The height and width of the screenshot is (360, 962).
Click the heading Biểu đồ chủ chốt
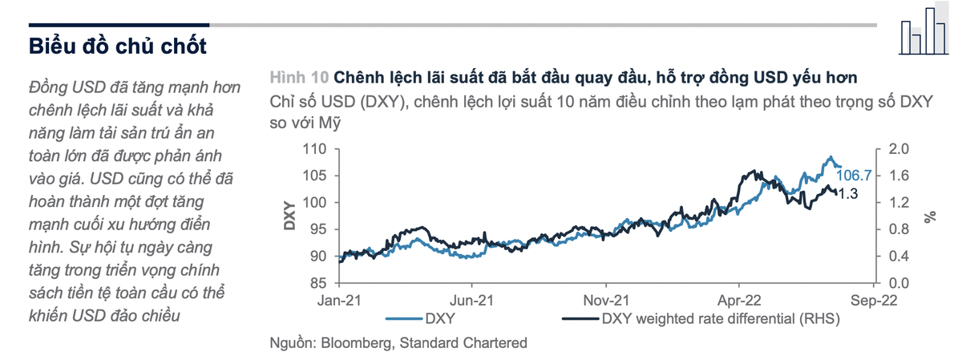[x=118, y=46]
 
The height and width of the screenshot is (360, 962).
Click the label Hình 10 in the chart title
[x=299, y=78]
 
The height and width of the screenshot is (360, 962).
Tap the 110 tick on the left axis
[x=320, y=149]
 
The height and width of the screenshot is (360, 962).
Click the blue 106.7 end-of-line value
[x=853, y=175]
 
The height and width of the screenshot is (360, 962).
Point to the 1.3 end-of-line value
[x=848, y=193]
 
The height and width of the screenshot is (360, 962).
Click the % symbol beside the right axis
[x=929, y=216]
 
